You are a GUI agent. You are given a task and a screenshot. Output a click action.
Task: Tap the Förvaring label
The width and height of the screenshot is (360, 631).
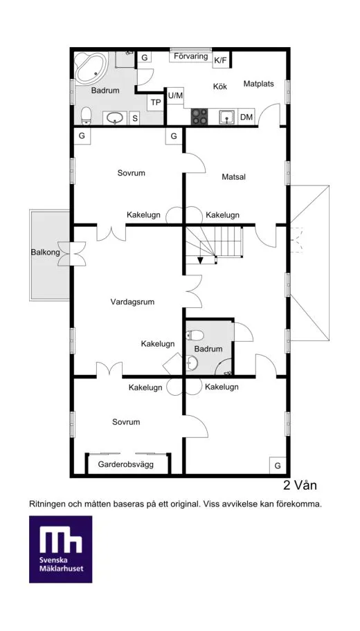191,56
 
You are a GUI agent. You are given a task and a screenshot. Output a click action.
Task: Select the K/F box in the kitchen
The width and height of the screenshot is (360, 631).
220,61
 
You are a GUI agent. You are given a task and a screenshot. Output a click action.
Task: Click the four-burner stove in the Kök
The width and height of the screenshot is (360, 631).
199,116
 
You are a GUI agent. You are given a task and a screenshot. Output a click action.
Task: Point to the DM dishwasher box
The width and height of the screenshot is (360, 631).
246,118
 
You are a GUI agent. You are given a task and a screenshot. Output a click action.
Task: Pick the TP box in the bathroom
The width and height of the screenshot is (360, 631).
156,103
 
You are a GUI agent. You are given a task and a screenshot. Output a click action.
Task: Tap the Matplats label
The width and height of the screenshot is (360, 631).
259,84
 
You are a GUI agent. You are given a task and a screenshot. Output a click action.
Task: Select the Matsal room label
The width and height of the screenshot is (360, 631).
234,177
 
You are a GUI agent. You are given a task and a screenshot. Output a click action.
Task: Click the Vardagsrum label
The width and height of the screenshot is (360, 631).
132,302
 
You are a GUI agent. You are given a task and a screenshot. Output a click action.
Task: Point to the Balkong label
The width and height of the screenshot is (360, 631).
44,253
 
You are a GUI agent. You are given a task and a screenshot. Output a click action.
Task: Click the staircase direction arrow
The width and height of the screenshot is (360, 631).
200,259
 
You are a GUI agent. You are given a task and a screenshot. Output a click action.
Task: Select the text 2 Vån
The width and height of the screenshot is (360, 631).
300,485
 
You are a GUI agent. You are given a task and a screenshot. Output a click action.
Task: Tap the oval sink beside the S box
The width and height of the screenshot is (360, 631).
117,118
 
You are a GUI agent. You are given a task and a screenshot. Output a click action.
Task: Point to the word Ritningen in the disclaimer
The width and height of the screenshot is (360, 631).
50,504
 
